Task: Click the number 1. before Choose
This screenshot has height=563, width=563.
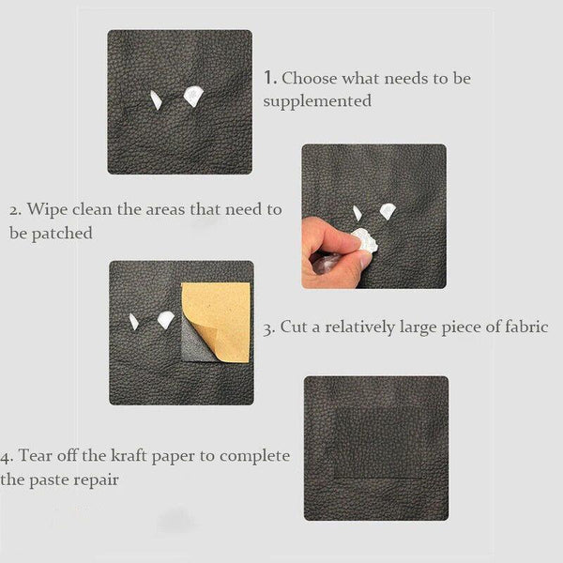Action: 270,78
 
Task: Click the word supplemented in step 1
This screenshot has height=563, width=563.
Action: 317,100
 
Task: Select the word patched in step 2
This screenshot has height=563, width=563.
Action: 63,233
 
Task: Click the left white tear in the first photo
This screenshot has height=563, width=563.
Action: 156,99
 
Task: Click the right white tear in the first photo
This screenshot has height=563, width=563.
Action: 193,95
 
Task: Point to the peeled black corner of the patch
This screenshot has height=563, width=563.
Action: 194,338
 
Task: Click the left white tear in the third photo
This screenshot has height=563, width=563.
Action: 134,322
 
